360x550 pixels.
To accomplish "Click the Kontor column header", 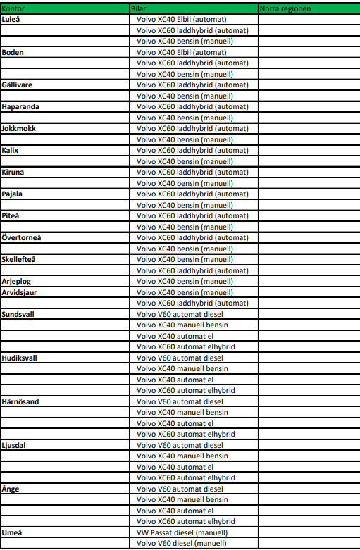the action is (14, 8).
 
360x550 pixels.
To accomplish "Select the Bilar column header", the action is (138, 8).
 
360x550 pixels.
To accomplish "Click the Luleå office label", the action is (11, 19).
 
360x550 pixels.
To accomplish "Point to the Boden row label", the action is (13, 52).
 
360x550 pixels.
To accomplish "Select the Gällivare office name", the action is (17, 85).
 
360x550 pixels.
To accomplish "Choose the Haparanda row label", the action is (20, 106).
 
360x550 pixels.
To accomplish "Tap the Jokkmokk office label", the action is (19, 128).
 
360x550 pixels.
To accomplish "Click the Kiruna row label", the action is (13, 172).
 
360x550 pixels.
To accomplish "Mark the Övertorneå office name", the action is (22, 237).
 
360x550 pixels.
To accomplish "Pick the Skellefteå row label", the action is (20, 259).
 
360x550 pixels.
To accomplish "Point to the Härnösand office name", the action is (21, 401).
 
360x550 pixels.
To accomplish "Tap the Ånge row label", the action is (11, 489).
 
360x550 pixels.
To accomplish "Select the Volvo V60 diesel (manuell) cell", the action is (182, 544).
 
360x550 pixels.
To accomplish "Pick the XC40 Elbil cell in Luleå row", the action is (182, 19).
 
